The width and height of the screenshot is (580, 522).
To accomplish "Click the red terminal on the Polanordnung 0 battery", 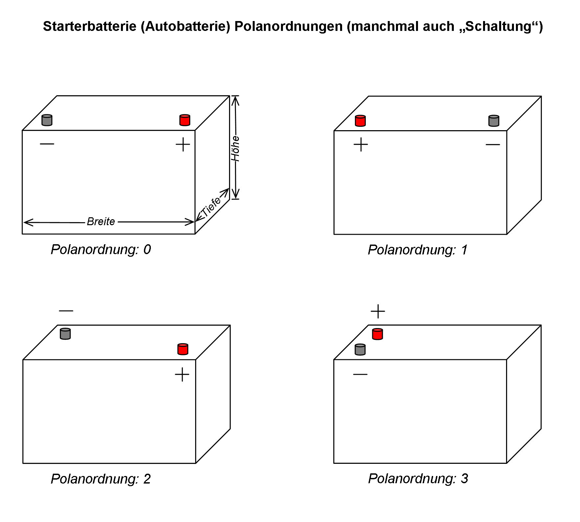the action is click(185, 120).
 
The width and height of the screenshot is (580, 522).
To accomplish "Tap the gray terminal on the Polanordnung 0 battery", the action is click(47, 120).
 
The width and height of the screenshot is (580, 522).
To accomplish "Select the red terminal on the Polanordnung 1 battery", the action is click(360, 121).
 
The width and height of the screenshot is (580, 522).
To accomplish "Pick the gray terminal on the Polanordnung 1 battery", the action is click(494, 121).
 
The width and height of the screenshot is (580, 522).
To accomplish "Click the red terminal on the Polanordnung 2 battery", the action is click(183, 349).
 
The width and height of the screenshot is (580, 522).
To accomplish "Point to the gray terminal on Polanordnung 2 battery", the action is click(65, 334).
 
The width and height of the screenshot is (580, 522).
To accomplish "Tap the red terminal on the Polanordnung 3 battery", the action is click(378, 334).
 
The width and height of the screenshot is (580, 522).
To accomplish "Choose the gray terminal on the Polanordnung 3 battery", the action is click(360, 349).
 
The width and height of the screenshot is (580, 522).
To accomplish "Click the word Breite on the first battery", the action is click(101, 222).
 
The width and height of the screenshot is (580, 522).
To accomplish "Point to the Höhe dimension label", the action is click(235, 149).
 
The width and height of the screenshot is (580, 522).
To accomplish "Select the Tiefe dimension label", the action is click(211, 207).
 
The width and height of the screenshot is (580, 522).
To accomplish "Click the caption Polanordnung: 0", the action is click(101, 249).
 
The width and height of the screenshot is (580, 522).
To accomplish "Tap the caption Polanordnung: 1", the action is click(418, 250).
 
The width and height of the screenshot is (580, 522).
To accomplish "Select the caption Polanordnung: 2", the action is click(101, 479).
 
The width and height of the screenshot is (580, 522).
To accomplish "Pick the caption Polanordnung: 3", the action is click(418, 479).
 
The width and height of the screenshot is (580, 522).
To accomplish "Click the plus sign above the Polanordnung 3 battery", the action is click(378, 311).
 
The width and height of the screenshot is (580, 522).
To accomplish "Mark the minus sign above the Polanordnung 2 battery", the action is click(66, 311).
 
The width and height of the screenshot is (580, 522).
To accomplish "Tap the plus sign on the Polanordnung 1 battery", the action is click(361, 144).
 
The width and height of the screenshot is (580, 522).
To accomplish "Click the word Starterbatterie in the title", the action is click(90, 26).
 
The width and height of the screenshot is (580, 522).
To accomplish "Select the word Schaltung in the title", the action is click(499, 26).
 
